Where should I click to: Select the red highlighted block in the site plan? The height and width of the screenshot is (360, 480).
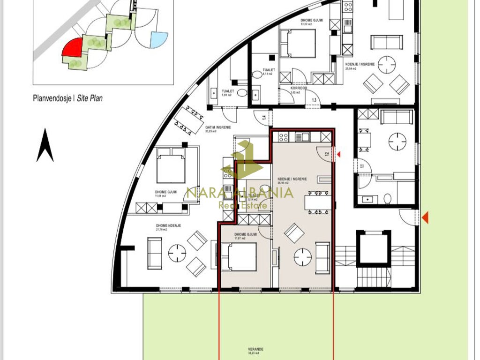click(x=73, y=47)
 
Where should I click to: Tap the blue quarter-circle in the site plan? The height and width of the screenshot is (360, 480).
click(x=160, y=39)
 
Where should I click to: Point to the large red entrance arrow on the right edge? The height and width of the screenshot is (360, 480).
click(x=425, y=217)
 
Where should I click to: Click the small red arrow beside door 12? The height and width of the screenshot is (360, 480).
click(x=339, y=154)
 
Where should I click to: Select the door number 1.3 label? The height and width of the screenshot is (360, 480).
click(x=314, y=100)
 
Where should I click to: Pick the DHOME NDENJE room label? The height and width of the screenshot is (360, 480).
click(x=168, y=225)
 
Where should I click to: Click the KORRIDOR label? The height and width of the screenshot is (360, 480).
click(x=299, y=88)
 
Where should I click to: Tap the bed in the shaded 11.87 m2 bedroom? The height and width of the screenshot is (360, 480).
click(x=239, y=257)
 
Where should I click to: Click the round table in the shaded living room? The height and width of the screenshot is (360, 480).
click(x=303, y=256)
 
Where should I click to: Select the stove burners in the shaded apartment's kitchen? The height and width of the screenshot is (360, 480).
click(x=283, y=137)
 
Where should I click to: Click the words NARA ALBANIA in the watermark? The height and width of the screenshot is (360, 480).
click(x=240, y=193)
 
